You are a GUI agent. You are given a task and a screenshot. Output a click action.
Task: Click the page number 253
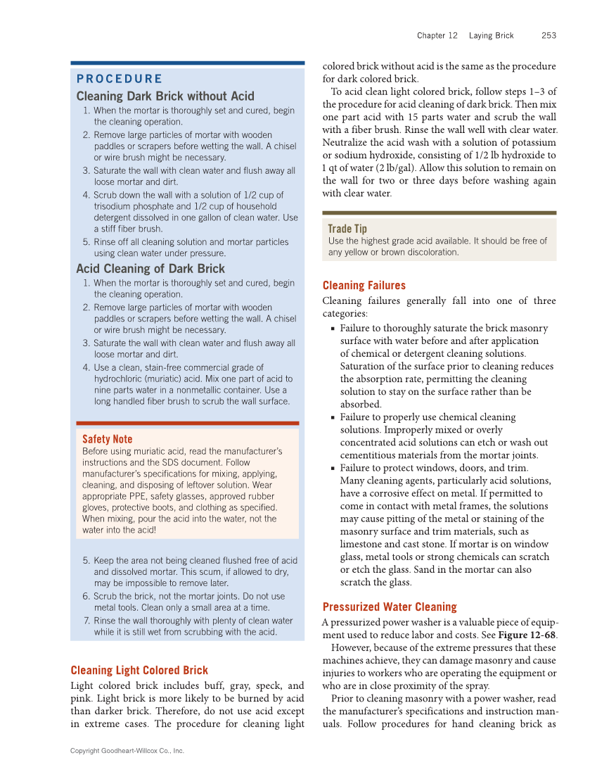click(x=548, y=35)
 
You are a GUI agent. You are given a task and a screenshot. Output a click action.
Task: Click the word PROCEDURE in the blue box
click(x=119, y=79)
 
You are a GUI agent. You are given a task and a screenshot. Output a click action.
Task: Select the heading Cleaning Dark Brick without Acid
click(x=165, y=96)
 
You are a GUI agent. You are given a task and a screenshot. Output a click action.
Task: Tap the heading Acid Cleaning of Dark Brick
click(x=150, y=269)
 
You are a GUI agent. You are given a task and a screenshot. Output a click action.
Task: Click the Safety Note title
click(x=107, y=439)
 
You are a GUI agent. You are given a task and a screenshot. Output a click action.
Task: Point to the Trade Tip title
click(x=347, y=229)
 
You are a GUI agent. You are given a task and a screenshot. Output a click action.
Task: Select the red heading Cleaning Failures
click(x=364, y=286)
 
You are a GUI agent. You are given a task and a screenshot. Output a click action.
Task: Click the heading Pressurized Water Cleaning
click(x=390, y=607)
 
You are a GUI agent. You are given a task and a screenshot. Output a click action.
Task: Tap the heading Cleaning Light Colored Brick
click(x=139, y=671)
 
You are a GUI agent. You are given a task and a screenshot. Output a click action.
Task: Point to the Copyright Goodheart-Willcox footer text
click(x=127, y=751)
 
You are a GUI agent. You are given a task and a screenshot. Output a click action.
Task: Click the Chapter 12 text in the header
click(x=437, y=35)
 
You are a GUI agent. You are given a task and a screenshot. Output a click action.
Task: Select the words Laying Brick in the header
click(x=492, y=35)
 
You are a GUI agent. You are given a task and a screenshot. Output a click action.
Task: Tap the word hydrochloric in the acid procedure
click(x=120, y=379)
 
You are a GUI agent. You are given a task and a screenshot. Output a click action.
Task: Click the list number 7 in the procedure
click(x=86, y=621)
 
